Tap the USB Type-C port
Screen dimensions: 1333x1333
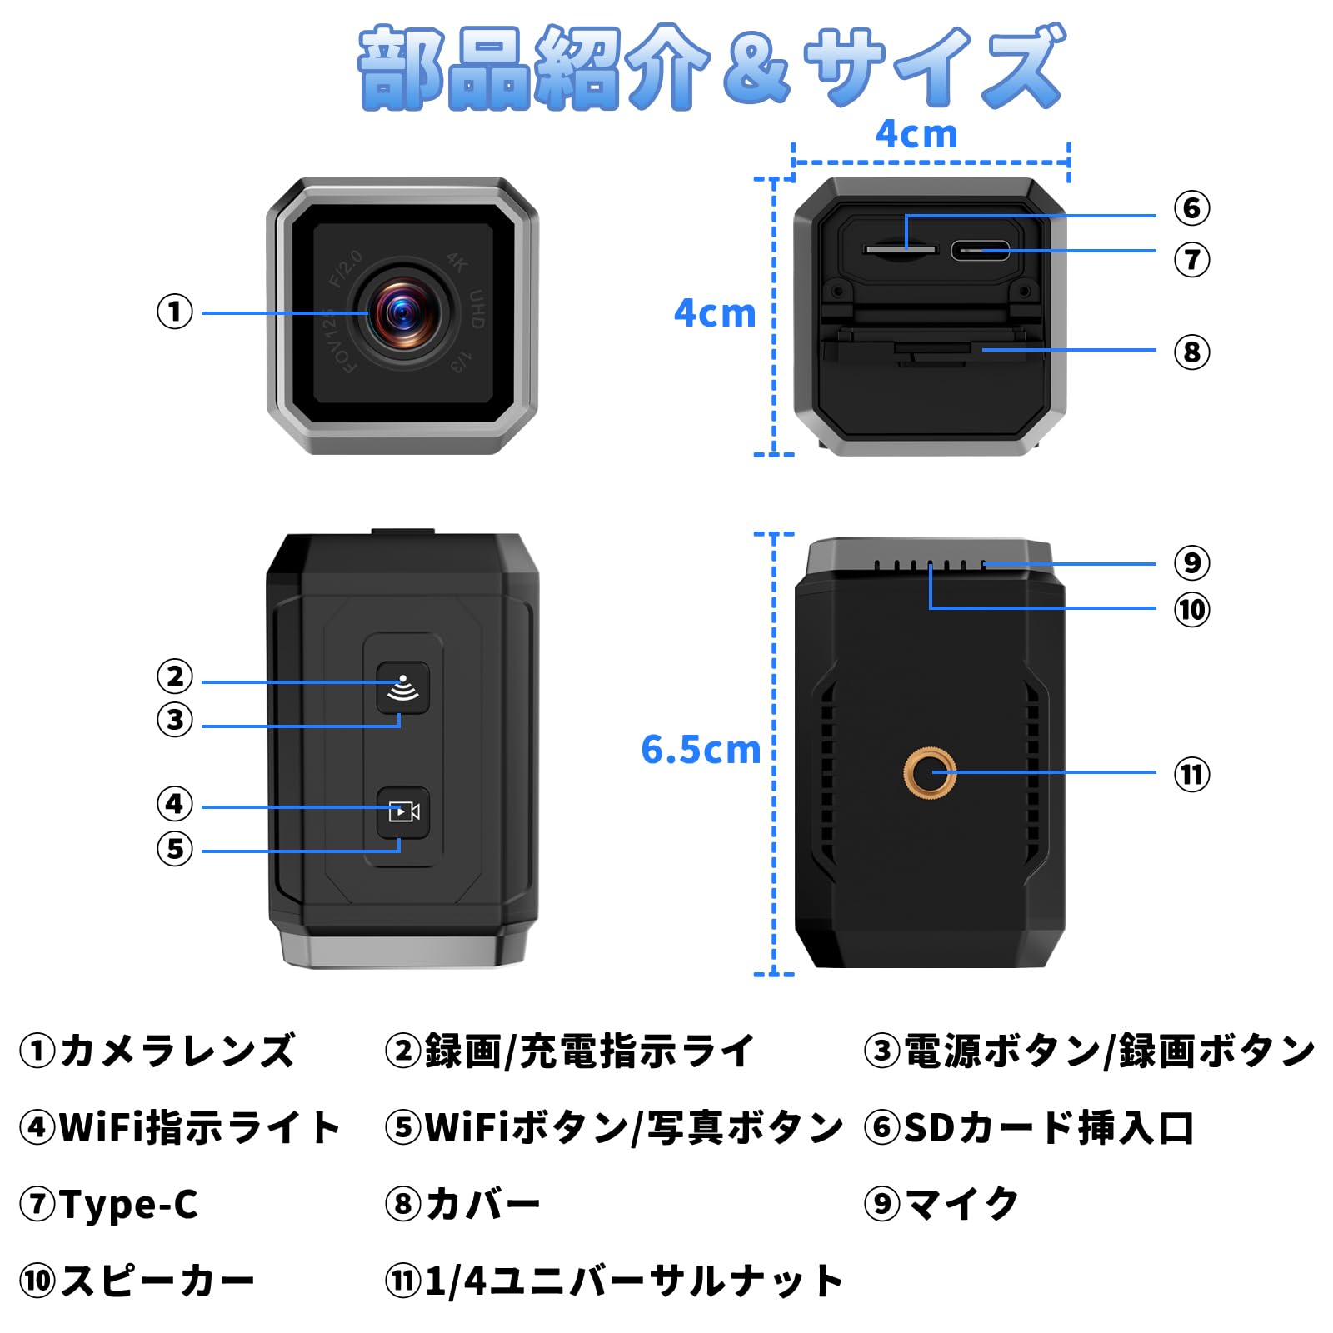981,250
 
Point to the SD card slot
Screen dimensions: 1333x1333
900,249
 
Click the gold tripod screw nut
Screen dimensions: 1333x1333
930,773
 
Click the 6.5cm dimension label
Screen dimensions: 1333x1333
701,750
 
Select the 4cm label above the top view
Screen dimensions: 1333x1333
916,134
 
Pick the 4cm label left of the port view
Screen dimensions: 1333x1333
715,313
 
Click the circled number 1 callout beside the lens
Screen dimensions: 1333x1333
175,312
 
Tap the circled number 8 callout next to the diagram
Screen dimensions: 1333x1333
1192,352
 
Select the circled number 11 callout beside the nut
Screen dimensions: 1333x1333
1192,775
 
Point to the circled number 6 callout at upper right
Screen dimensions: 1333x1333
1192,208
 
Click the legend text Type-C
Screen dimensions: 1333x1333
129,1205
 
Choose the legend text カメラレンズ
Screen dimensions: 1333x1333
177,1051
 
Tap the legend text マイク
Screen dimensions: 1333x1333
962,1204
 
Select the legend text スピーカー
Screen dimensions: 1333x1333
157,1281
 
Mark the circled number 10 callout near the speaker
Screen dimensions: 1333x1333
1192,610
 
